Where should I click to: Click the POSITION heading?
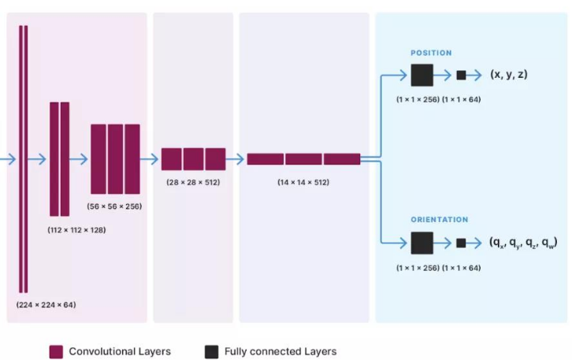click(x=431, y=53)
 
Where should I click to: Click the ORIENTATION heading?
click(x=439, y=220)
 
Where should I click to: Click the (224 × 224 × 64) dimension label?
click(x=46, y=304)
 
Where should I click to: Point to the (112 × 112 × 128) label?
click(x=76, y=231)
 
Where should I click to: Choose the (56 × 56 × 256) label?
click(x=115, y=206)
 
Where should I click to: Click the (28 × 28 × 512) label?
click(x=193, y=182)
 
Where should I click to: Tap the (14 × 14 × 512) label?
click(x=303, y=182)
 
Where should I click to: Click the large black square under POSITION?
click(x=422, y=75)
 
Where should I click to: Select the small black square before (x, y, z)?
click(x=461, y=75)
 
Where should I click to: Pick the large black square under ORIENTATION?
click(x=422, y=243)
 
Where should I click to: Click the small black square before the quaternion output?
click(x=461, y=243)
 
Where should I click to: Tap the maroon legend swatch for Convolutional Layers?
click(x=56, y=351)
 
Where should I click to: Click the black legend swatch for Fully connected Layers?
click(x=211, y=351)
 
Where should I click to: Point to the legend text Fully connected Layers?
click(x=280, y=351)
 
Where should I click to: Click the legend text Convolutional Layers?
click(x=120, y=351)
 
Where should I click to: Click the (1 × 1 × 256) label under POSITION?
click(x=417, y=100)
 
